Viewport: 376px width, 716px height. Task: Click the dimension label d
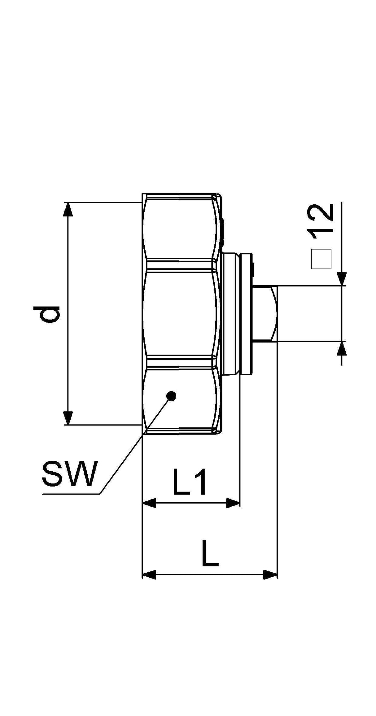click(50, 314)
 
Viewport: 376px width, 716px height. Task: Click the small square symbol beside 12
click(321, 259)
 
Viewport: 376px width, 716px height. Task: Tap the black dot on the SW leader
click(171, 395)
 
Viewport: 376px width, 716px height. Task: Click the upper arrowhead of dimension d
click(68, 209)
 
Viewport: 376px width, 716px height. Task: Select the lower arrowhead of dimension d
click(68, 418)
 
